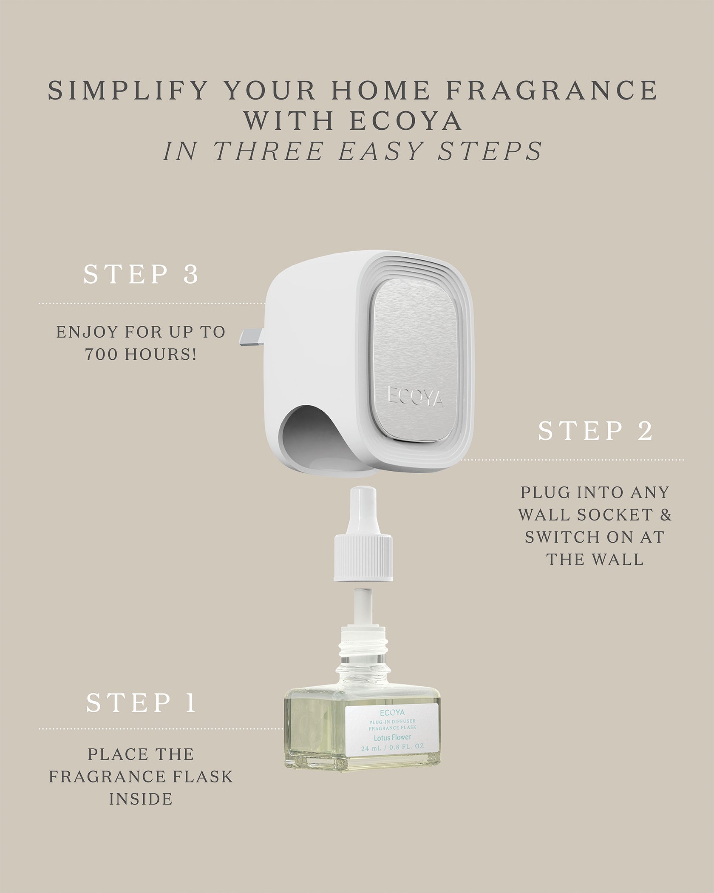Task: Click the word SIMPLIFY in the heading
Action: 126,91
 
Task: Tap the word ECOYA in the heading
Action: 406,121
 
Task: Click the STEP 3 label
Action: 141,274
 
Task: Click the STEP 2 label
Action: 595,431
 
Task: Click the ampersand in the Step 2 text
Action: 666,515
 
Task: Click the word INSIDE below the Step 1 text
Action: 141,799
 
